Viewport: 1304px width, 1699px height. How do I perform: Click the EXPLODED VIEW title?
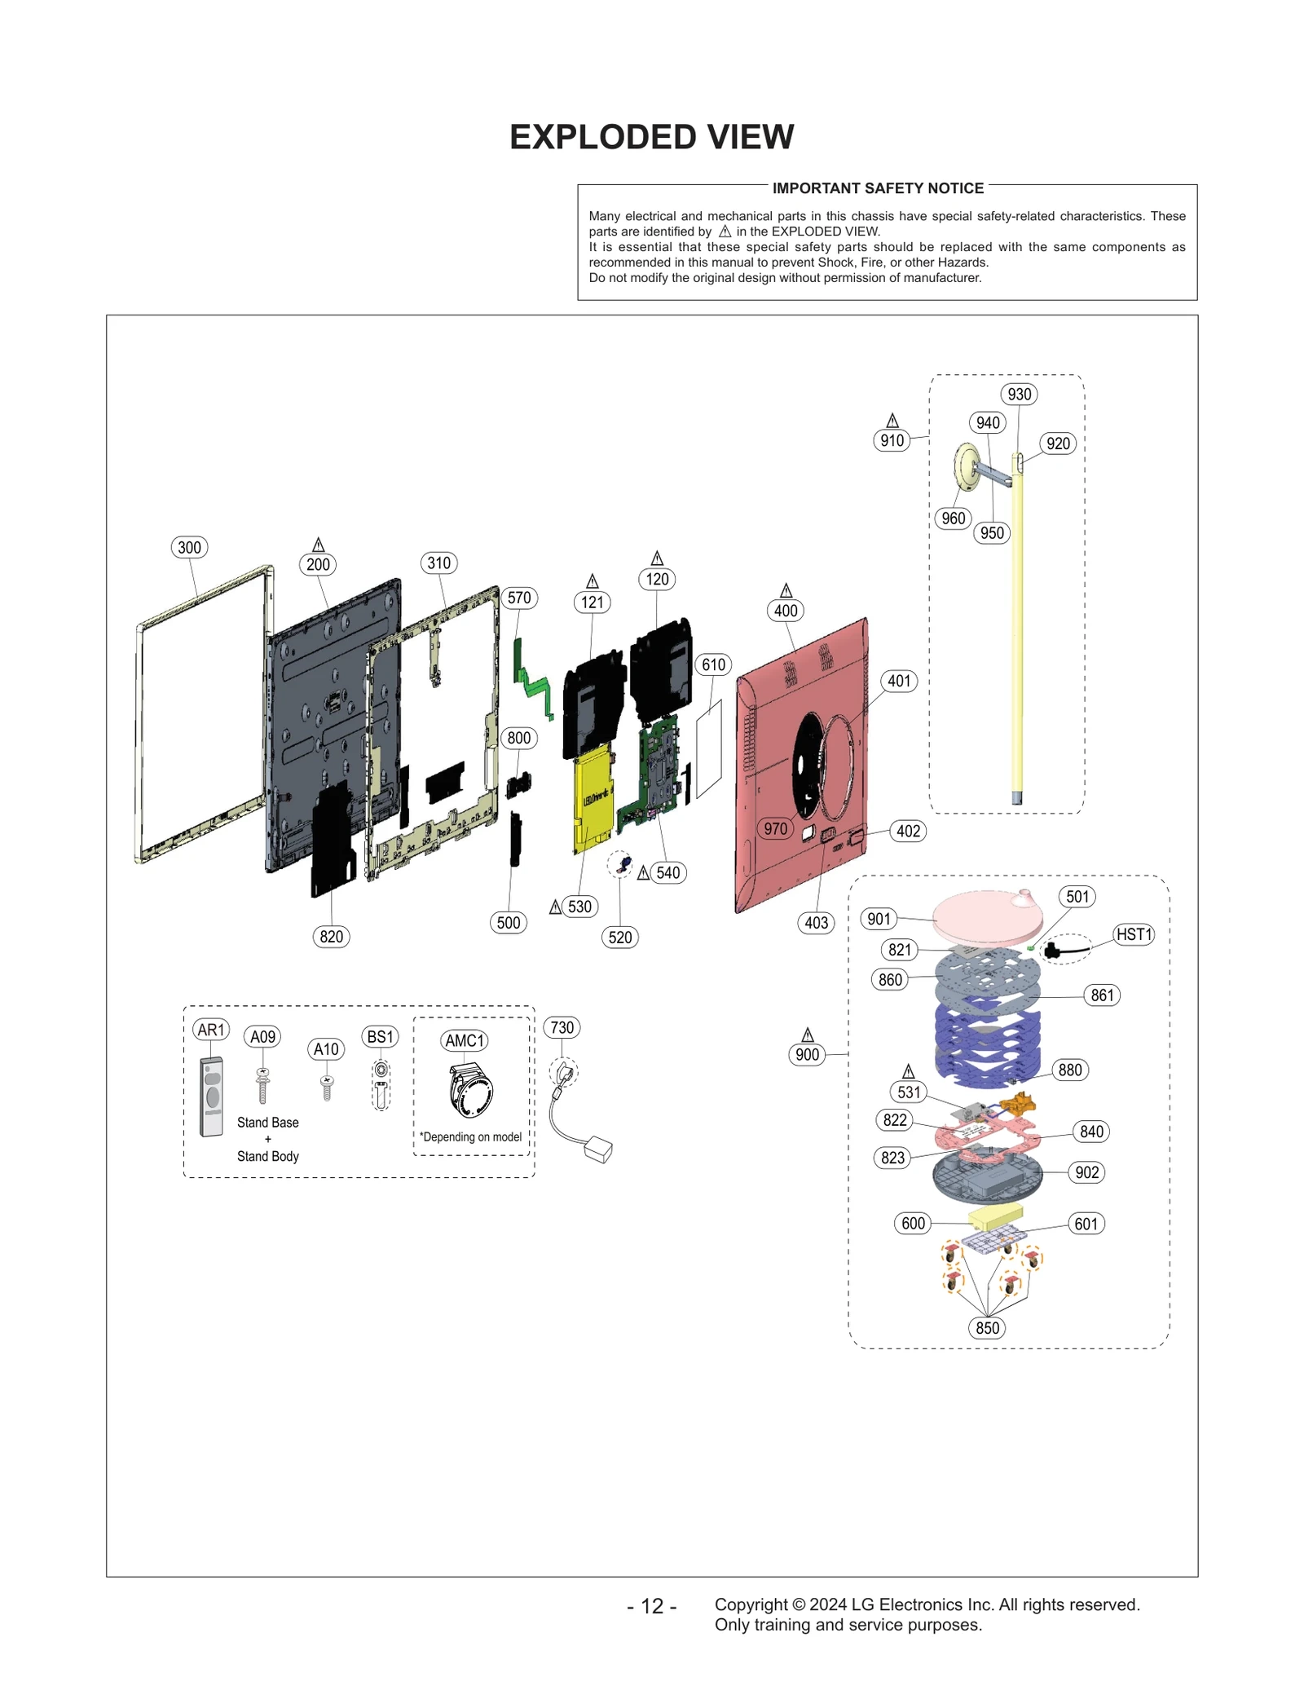[651, 137]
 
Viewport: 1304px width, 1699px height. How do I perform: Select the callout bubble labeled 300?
[189, 547]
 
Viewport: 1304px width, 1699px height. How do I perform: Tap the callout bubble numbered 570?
[519, 598]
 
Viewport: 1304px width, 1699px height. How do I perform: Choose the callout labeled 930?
[1019, 395]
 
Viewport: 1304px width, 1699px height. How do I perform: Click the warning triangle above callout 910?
[892, 421]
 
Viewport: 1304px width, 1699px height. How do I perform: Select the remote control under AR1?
[212, 1097]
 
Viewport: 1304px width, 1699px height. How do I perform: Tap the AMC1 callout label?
[465, 1040]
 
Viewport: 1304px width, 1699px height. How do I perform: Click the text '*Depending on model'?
[471, 1137]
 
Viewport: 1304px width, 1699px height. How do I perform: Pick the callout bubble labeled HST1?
[1134, 934]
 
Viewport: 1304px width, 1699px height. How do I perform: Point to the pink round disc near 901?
[986, 915]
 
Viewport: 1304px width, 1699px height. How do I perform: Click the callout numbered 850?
[987, 1328]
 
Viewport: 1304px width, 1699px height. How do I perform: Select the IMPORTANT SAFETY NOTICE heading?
[878, 188]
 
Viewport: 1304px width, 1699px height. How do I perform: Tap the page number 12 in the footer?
[652, 1606]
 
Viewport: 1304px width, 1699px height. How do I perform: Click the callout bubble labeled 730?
[562, 1027]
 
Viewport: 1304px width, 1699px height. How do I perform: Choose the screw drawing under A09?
[262, 1085]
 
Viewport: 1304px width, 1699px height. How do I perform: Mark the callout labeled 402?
[908, 831]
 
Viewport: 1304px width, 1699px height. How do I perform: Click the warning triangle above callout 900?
[808, 1035]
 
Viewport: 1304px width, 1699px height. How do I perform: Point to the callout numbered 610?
[713, 664]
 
